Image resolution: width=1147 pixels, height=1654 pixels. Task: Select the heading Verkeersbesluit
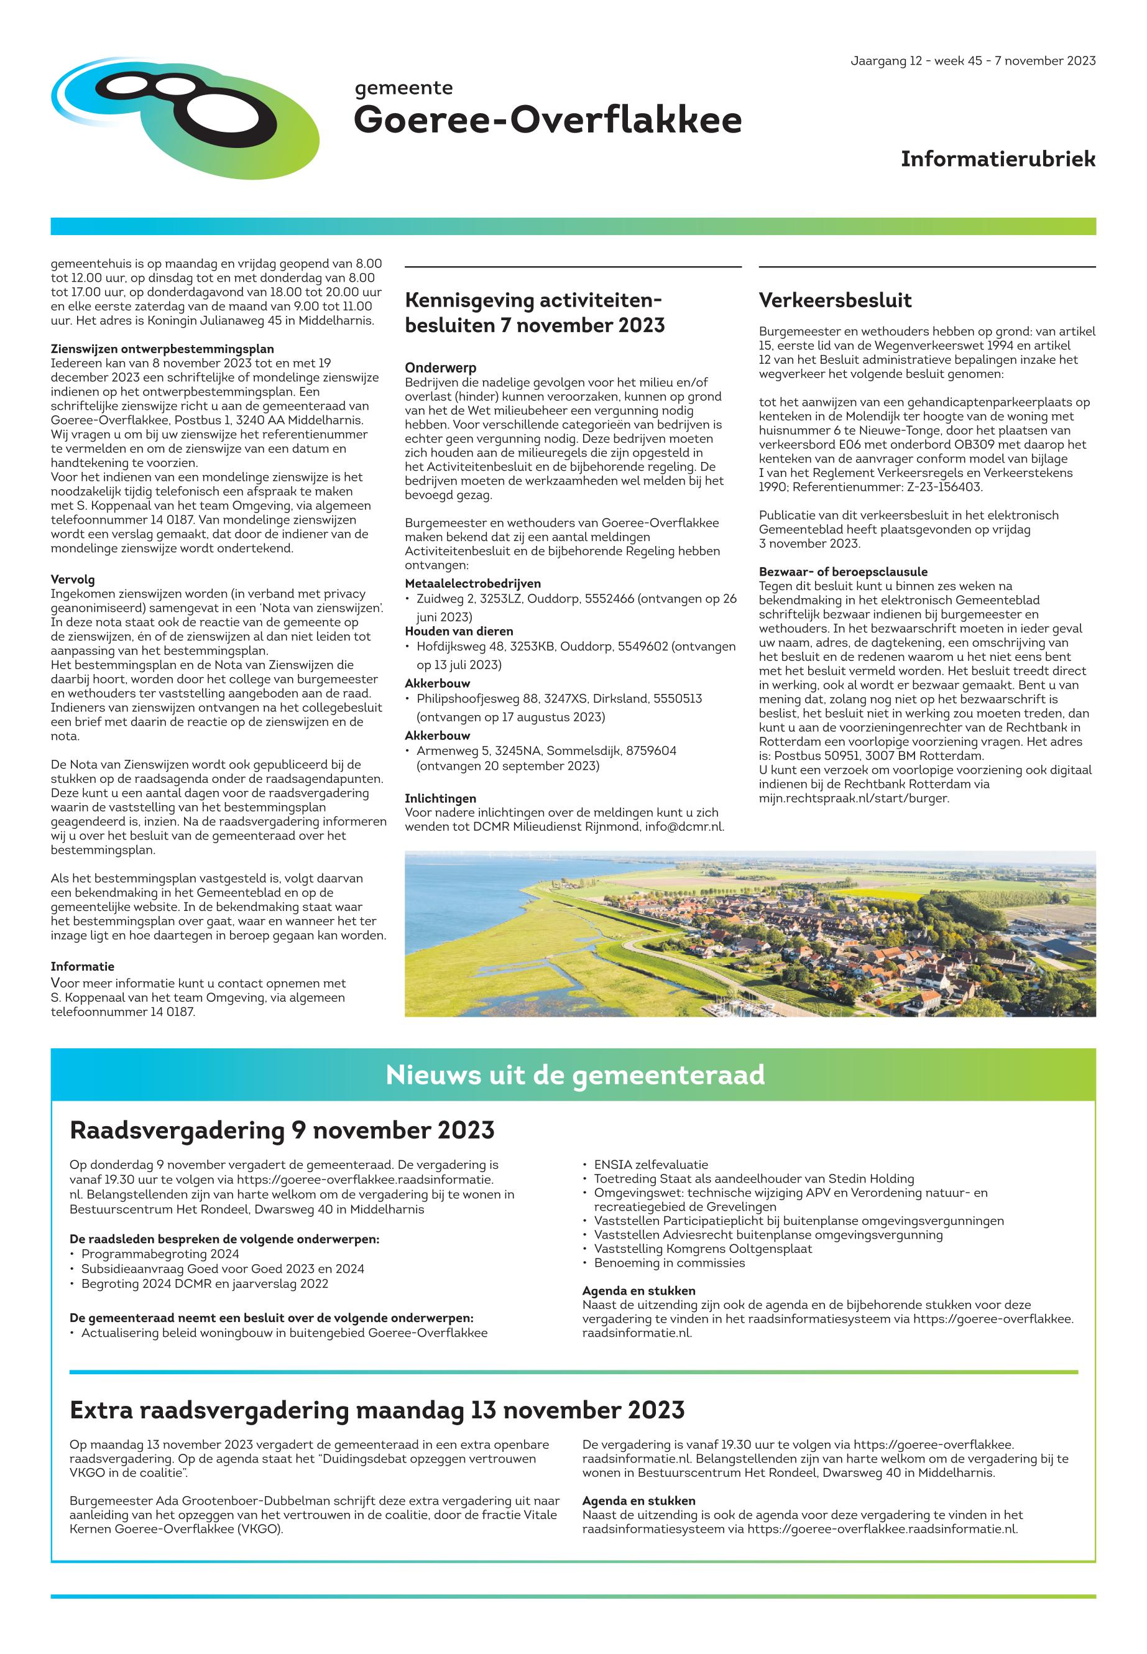click(x=835, y=300)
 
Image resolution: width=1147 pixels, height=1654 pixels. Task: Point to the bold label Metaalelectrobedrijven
click(x=473, y=584)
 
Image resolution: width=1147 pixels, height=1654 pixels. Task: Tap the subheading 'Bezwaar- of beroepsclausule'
click(x=843, y=572)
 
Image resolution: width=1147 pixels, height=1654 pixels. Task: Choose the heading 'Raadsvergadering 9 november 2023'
click(x=282, y=1130)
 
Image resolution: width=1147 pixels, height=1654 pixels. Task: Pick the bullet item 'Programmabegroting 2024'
click(x=160, y=1254)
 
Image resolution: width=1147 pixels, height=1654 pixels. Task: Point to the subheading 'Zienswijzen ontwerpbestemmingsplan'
click(x=162, y=349)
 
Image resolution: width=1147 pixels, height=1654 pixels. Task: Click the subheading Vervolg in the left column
click(x=73, y=580)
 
